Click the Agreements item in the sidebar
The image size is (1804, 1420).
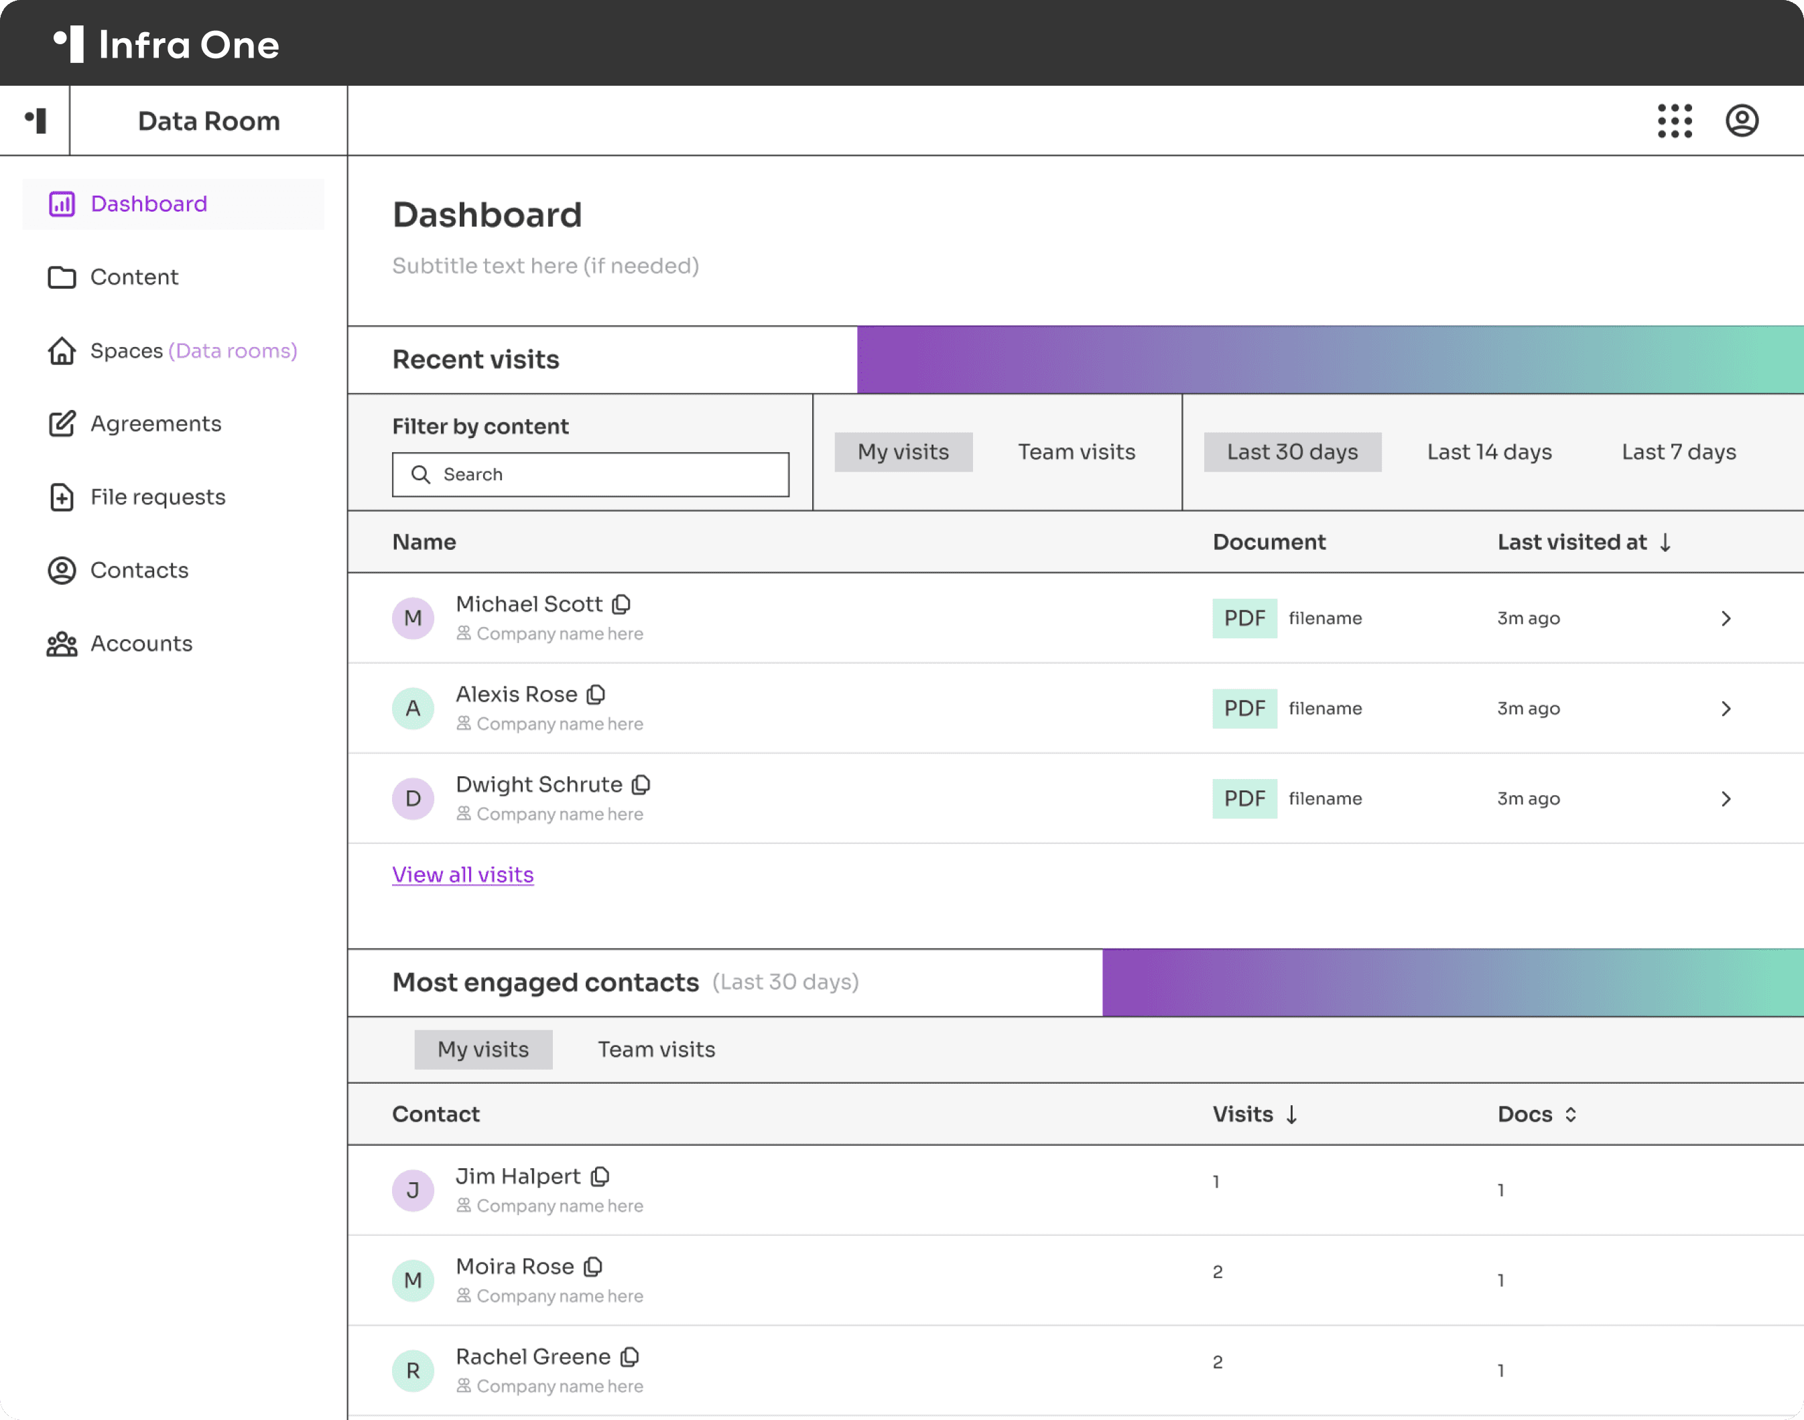[155, 424]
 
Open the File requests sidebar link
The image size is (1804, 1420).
[157, 497]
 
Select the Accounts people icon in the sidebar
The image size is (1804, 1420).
[62, 644]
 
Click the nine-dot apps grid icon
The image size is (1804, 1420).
[1674, 121]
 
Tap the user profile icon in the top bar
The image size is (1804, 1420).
[1742, 121]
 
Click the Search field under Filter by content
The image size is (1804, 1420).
[590, 475]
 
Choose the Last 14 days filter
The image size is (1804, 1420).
[1490, 452]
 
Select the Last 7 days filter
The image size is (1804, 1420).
[1679, 452]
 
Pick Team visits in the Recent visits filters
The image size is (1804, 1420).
[1076, 452]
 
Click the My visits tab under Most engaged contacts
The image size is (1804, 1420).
[483, 1050]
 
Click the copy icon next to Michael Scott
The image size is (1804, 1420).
[621, 604]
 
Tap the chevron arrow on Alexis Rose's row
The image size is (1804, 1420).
[1726, 709]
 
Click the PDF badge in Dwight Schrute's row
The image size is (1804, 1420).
[1244, 799]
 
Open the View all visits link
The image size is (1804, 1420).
[463, 875]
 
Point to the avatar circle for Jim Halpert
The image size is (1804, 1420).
[413, 1190]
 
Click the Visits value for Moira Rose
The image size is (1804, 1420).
[1218, 1272]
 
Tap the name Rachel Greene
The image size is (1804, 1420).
[533, 1357]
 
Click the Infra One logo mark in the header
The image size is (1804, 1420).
[69, 44]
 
